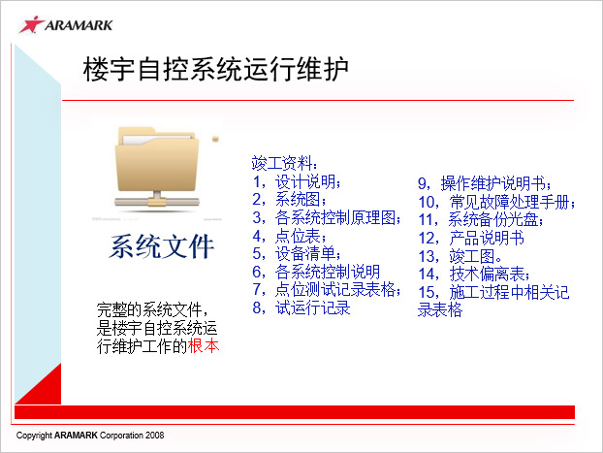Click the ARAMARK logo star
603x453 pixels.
[x=31, y=24]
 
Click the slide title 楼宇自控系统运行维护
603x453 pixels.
[x=216, y=69]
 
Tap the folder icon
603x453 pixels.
[x=157, y=168]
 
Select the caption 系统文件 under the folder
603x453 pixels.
[x=162, y=246]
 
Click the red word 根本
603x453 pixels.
[x=204, y=345]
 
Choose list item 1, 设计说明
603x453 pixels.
[x=297, y=181]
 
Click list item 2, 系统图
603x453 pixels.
[x=290, y=200]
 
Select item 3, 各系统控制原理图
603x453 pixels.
[x=327, y=217]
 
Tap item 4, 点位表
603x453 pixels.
[x=290, y=236]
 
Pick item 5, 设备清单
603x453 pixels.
[x=297, y=253]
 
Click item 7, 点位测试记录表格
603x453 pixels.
[x=327, y=289]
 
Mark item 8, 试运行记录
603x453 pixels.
[x=301, y=307]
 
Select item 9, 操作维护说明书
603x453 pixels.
[x=485, y=183]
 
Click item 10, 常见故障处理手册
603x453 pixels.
[x=496, y=202]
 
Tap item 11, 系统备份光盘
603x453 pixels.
[x=481, y=220]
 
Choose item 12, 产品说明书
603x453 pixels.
[x=471, y=238]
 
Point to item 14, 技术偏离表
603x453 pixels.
[x=474, y=275]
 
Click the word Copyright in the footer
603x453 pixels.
[x=34, y=436]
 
